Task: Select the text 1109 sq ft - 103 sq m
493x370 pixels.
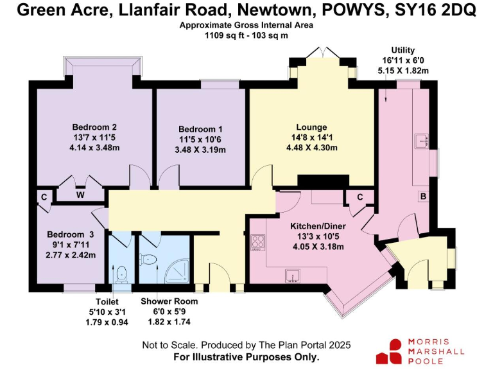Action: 247,37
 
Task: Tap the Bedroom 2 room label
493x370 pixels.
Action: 94,126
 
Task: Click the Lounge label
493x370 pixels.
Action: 311,127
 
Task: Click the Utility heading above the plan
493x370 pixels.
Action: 403,50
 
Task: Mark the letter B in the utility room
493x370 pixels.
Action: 423,196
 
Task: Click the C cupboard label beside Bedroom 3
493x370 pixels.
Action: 43,196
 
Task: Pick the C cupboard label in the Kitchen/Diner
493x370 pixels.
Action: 360,197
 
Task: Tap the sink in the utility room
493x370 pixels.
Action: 422,140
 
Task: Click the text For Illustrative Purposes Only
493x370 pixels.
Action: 246,357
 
